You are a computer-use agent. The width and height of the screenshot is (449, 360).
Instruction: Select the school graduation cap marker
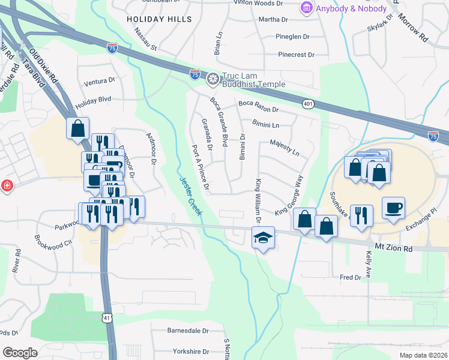[263, 237]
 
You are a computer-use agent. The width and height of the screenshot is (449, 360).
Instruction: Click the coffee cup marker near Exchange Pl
[393, 208]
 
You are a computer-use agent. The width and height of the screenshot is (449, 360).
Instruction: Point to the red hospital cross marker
[7, 186]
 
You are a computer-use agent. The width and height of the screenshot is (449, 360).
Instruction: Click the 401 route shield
[308, 104]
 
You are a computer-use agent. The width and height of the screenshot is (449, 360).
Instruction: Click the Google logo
[19, 353]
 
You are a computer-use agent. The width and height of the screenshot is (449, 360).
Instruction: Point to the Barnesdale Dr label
[187, 330]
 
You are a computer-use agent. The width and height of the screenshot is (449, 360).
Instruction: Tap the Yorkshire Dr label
[188, 352]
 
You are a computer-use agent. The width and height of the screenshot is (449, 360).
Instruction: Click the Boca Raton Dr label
[259, 107]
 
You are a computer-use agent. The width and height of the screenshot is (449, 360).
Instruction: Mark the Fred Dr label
[350, 277]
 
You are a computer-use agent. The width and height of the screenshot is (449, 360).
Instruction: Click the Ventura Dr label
[100, 80]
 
